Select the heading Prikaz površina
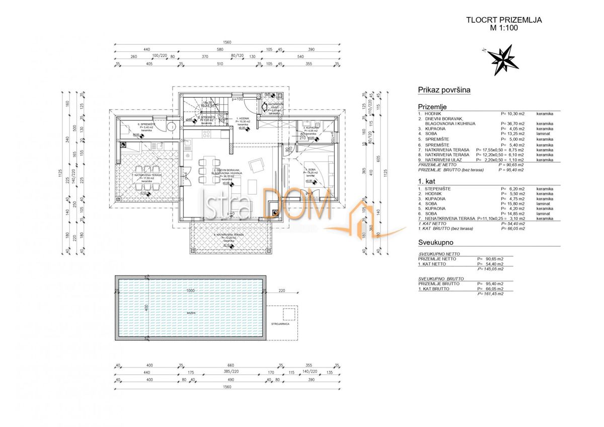[x=444, y=90]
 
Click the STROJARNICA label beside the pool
[x=279, y=324]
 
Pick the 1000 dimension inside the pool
[x=189, y=291]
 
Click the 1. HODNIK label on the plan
[x=243, y=118]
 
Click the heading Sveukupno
[x=437, y=242]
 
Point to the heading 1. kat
[x=426, y=180]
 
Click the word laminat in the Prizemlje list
[x=544, y=133]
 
